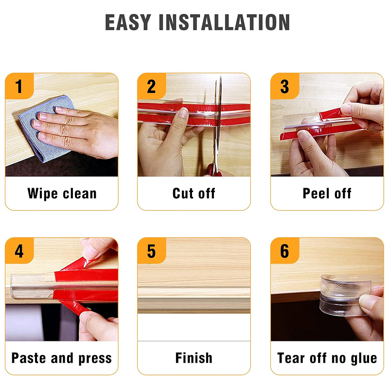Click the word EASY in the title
point(128,22)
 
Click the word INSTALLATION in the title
point(224,22)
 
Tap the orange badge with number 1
point(19,86)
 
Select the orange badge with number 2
point(152,86)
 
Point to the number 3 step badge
point(285,86)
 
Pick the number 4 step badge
point(19,250)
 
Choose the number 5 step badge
point(152,250)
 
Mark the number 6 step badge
point(285,250)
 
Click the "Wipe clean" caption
point(62,194)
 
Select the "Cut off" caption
point(194,194)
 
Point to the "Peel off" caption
point(327,194)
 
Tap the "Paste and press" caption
point(62,358)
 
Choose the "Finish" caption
point(194,358)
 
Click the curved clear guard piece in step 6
point(344,295)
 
